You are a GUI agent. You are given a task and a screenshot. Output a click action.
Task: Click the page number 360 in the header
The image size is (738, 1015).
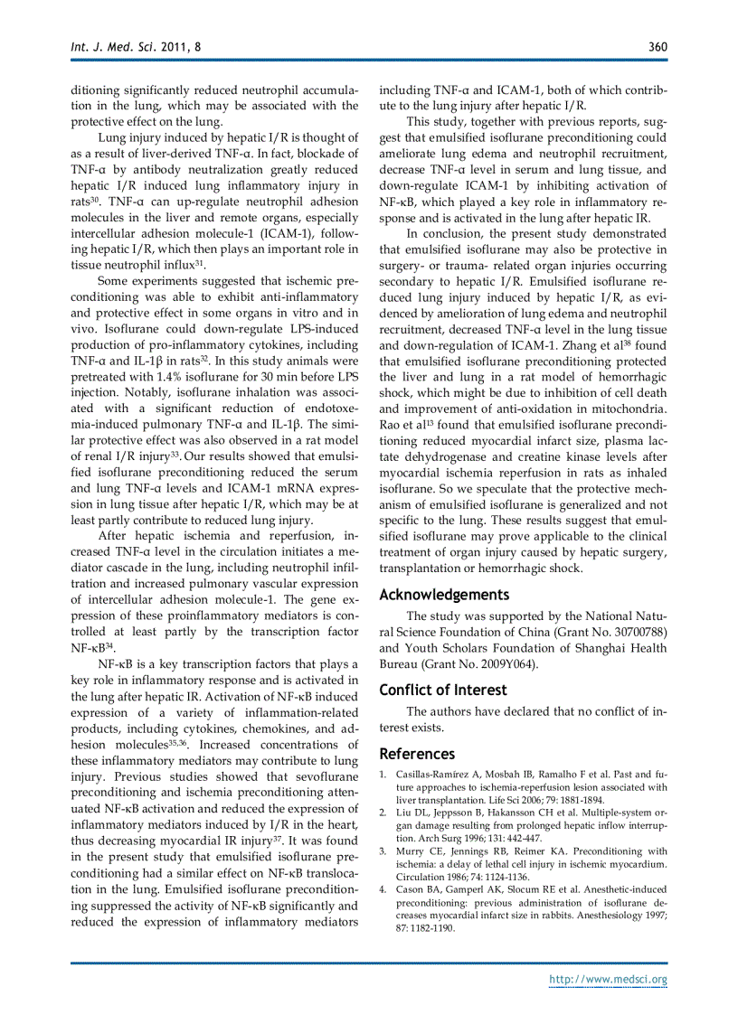click(658, 46)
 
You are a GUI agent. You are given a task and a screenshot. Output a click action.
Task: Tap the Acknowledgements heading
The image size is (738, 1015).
click(444, 595)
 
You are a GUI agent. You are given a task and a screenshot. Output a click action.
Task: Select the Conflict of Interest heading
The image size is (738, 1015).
click(443, 690)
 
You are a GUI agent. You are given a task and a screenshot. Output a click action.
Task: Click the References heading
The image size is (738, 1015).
click(417, 754)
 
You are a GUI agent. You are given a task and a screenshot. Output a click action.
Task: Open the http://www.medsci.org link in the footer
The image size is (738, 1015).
click(609, 980)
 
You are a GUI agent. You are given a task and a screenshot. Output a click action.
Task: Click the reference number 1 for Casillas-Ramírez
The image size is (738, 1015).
click(383, 775)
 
